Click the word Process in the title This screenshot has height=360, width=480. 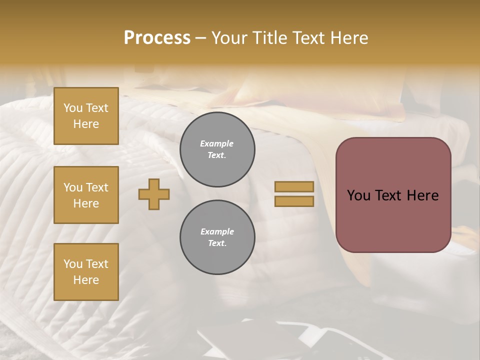point(157,38)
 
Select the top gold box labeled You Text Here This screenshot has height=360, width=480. point(86,116)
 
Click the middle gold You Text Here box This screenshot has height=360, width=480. point(86,195)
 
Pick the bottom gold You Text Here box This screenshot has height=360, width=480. point(86,272)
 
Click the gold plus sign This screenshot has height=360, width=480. point(154,194)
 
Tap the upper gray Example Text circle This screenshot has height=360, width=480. point(217,149)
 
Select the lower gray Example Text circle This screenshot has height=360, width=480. point(217,237)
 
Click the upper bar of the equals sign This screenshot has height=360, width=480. point(294,186)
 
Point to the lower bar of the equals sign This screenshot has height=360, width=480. point(294,201)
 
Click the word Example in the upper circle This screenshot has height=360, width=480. point(217,143)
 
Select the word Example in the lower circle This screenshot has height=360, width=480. point(217,231)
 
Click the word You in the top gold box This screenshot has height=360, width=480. point(73,108)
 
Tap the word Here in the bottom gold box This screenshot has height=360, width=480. point(86,280)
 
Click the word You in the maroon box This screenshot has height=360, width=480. point(358,195)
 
